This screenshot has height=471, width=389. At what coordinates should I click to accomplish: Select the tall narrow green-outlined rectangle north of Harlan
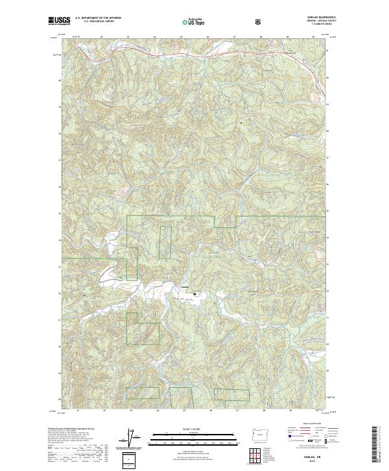pyautogui.click(x=165, y=241)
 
